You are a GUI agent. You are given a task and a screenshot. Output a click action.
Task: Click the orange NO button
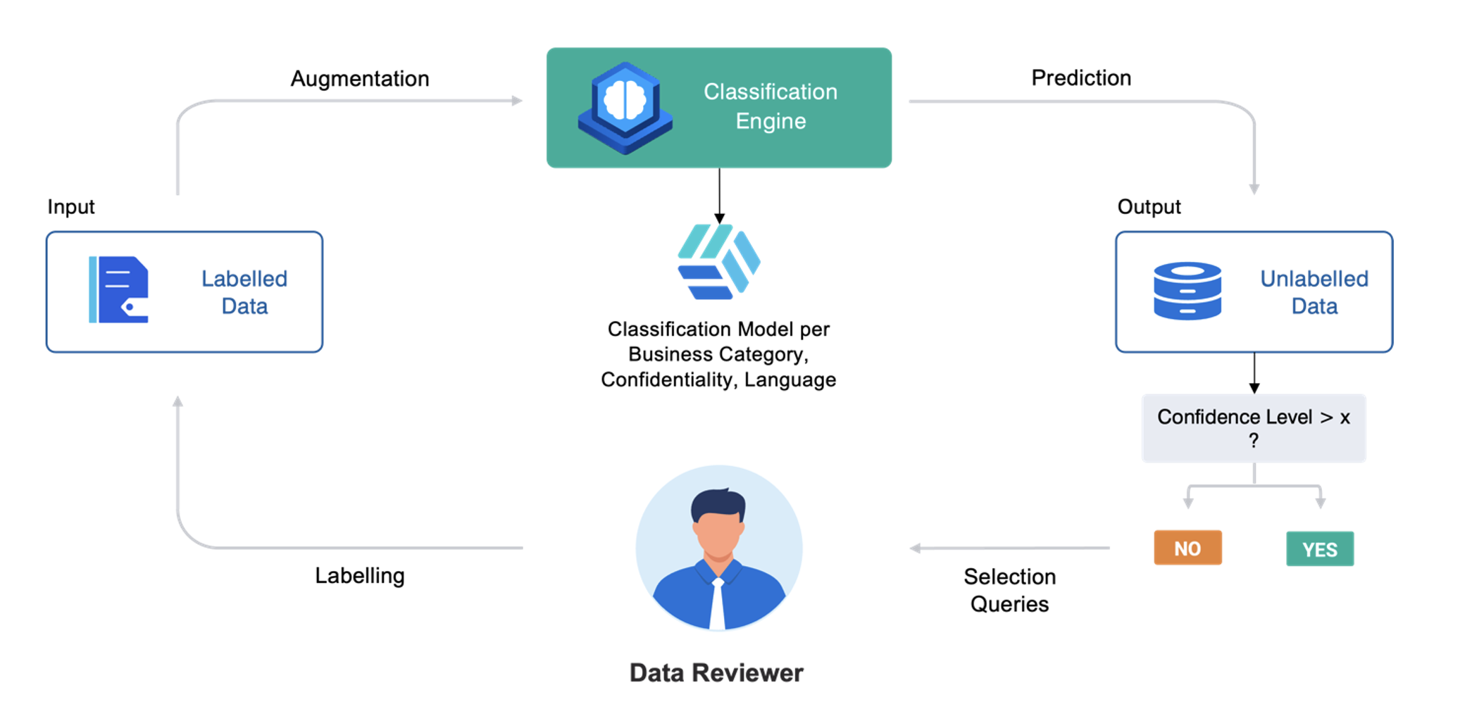1187,548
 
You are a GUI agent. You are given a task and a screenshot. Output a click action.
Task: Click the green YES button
1319,549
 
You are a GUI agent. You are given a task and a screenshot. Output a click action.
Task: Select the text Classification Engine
771,106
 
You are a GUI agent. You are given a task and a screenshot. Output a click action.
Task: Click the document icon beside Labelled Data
119,290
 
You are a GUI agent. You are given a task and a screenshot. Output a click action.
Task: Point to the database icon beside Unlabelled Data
1187,291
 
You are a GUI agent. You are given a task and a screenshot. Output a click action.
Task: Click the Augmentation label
360,78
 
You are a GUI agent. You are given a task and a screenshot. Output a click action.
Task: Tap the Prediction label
1081,77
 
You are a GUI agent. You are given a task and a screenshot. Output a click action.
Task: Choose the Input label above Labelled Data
70,206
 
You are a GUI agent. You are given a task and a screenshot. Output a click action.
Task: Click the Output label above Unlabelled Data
1149,206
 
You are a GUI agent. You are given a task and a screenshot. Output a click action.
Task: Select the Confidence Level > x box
1253,427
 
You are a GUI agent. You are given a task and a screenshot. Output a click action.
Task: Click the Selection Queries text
1009,590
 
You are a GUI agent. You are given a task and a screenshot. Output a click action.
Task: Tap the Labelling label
359,575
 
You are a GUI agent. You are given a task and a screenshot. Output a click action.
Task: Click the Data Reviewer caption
716,672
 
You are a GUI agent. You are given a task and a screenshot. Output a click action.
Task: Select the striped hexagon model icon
718,262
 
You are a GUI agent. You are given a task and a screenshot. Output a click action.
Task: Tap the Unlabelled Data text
1314,292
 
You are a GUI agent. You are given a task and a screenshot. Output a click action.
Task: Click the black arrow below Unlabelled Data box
1254,373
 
